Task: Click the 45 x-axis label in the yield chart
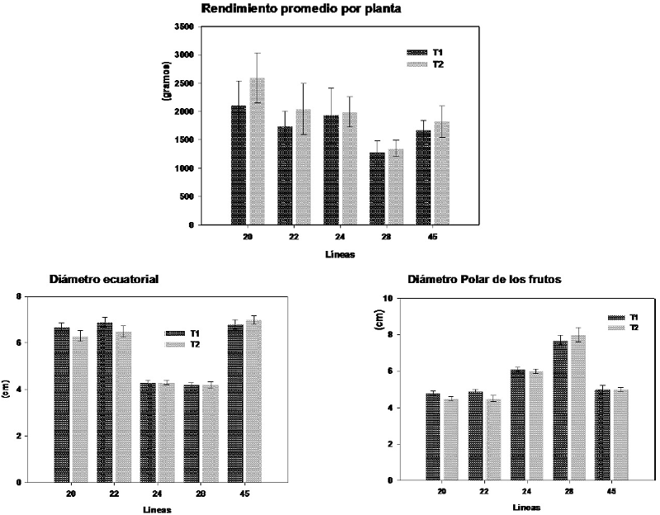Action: click(432, 236)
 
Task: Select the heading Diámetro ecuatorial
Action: click(92, 279)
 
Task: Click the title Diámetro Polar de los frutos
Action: click(485, 279)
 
